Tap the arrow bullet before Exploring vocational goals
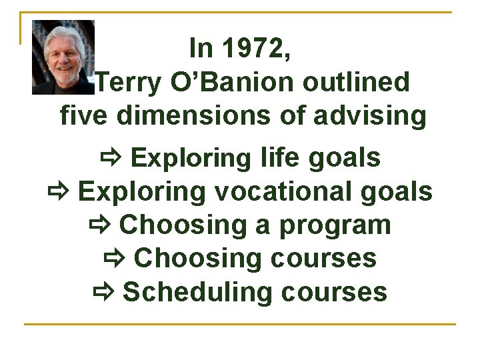tap(58, 192)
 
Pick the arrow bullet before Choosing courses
tap(115, 259)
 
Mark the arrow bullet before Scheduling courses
tap(103, 292)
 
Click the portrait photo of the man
tap(63, 57)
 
